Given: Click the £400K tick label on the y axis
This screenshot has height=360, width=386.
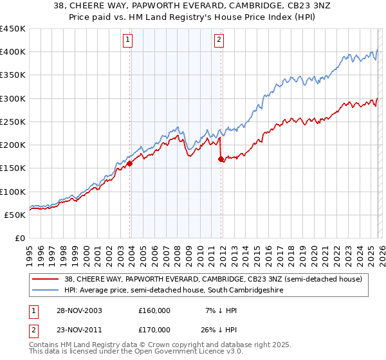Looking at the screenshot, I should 12,52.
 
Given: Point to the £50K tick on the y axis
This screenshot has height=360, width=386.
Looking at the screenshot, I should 15,215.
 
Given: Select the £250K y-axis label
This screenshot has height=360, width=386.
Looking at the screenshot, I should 12,122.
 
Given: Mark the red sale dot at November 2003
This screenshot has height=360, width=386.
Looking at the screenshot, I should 130,163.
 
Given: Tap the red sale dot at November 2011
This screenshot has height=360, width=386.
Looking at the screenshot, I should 221,159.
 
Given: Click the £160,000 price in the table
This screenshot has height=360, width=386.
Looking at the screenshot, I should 154,310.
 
